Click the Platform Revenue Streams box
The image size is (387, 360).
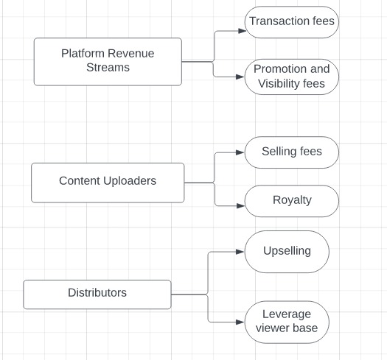click(x=108, y=61)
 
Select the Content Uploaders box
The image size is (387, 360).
click(x=108, y=182)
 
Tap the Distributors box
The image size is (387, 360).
click(x=97, y=294)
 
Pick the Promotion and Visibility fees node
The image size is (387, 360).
click(x=291, y=77)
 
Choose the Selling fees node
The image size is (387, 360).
click(x=291, y=152)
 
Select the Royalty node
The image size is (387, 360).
click(x=291, y=200)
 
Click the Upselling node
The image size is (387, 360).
click(x=287, y=252)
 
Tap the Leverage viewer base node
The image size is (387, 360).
click(x=287, y=322)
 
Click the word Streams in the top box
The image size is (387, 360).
click(x=108, y=68)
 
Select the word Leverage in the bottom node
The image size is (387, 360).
click(x=287, y=314)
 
